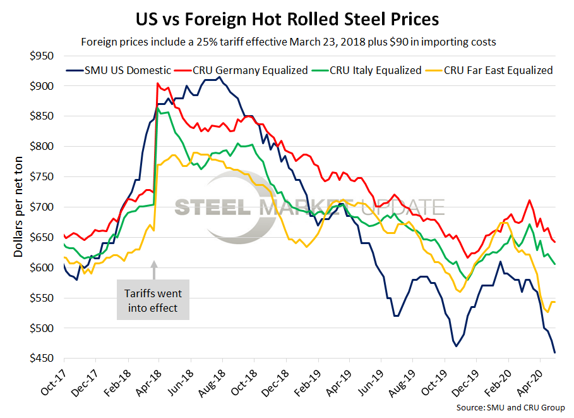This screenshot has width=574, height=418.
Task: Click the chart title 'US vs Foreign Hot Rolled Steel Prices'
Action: tap(287, 18)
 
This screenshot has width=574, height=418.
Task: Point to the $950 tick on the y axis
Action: tap(42, 55)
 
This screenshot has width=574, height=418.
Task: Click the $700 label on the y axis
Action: tap(42, 207)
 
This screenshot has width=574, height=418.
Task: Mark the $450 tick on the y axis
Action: tap(42, 359)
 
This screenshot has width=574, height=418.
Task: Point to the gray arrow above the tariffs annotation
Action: tap(154, 269)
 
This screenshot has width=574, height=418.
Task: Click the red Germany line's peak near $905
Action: tap(157, 83)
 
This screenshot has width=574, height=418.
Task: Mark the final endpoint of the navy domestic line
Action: tap(554, 352)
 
